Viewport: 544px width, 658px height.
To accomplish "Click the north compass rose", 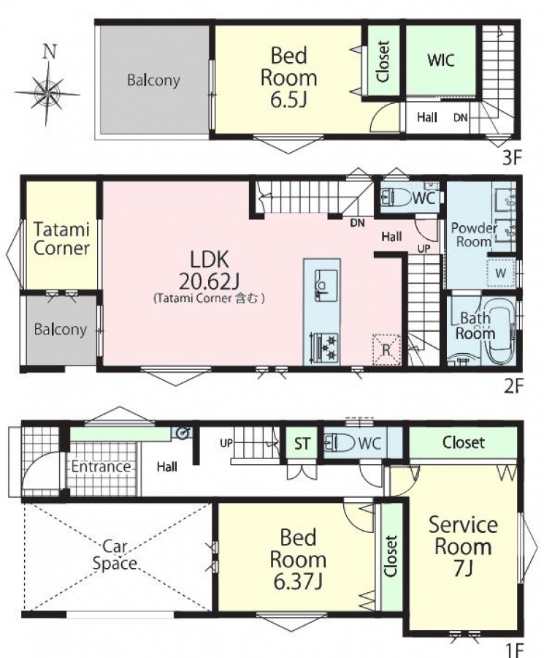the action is click(x=47, y=93).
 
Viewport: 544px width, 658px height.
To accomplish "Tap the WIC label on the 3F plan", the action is click(x=441, y=60).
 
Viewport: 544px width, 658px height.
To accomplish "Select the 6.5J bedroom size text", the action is click(x=288, y=100).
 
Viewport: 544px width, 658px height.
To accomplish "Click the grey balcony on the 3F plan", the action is click(x=154, y=80).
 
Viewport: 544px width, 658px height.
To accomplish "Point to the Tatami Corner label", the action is click(x=61, y=239).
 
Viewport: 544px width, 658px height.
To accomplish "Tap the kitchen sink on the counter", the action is click(x=326, y=285).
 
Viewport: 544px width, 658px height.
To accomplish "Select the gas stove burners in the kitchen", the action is click(x=323, y=347).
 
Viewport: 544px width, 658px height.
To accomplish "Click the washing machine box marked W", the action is click(x=501, y=273).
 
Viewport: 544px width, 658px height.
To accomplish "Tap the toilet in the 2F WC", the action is click(x=396, y=197).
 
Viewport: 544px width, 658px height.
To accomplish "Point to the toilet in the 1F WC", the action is click(x=340, y=442).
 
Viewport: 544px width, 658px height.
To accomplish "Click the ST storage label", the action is click(x=302, y=443).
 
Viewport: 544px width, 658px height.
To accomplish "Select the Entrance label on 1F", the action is click(x=101, y=466).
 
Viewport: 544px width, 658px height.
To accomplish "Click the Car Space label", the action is click(x=115, y=554).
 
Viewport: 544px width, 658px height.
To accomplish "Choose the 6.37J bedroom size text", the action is click(x=298, y=582).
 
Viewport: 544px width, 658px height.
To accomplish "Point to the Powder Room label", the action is click(x=474, y=235).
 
